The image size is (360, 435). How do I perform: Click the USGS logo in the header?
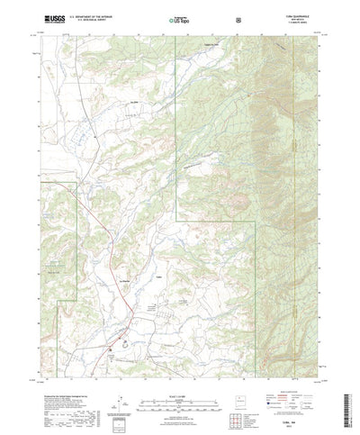49,17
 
